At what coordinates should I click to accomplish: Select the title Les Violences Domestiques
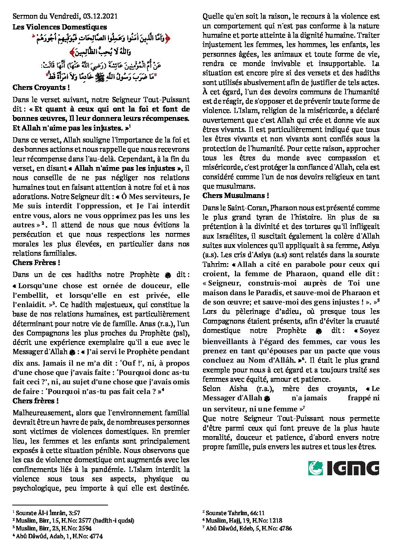60,27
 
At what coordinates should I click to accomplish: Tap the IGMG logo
343,469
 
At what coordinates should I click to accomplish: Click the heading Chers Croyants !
41,88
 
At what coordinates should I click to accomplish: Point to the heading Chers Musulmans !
235,196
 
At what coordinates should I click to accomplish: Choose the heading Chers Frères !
36,263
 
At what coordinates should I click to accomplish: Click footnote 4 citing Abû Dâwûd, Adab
57,536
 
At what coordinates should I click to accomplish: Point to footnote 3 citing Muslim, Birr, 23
52,528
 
